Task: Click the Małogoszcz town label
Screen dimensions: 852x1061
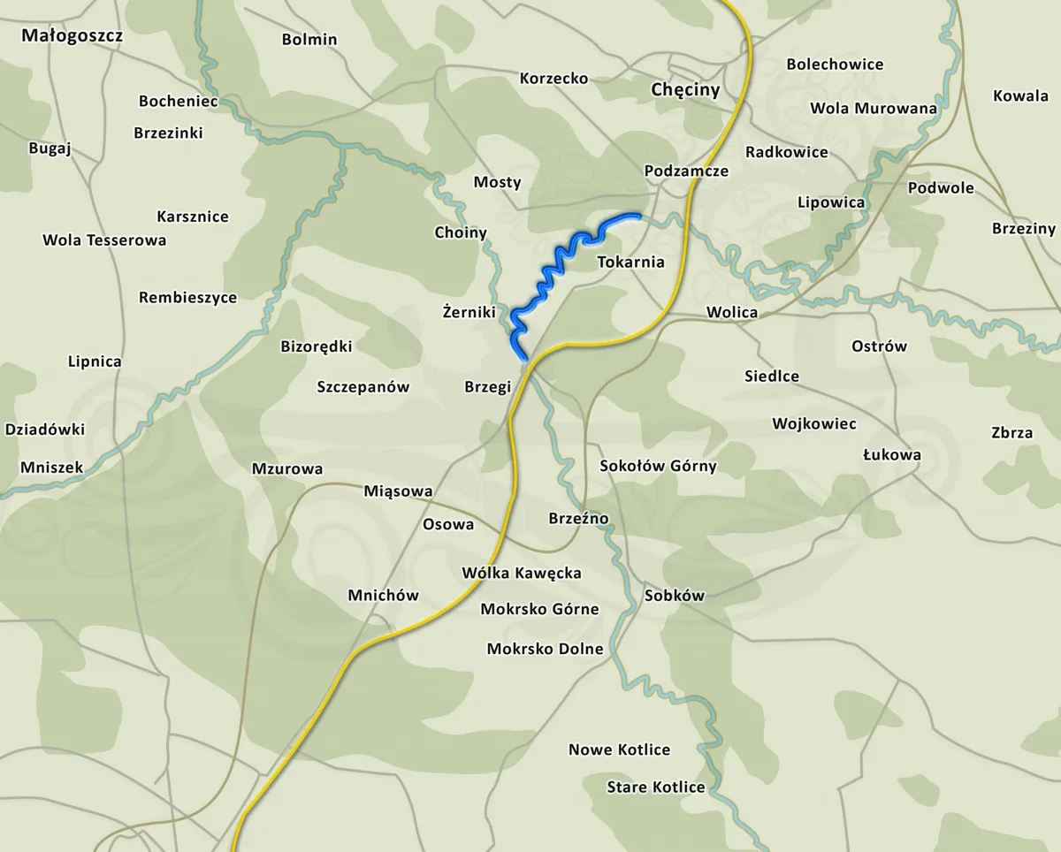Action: click(73, 36)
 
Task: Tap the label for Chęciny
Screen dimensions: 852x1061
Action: click(685, 90)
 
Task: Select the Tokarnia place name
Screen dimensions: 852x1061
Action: click(630, 262)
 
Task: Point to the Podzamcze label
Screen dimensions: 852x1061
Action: click(686, 171)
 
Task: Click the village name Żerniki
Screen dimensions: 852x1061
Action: click(468, 312)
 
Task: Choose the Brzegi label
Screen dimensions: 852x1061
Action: click(488, 386)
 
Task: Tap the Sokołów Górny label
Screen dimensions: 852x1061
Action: click(658, 466)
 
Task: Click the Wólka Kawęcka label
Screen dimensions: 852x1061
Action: click(522, 573)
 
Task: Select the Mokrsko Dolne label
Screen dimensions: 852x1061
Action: click(545, 649)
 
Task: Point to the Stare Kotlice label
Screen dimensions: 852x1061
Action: click(656, 787)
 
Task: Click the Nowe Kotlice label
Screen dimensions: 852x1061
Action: click(619, 749)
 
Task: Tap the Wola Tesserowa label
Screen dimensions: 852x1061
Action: click(104, 240)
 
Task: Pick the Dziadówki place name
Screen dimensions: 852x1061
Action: click(45, 430)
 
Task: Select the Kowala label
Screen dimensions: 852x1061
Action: click(1020, 95)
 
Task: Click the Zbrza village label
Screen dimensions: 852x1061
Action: click(1011, 433)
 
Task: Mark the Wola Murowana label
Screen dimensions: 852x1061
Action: click(874, 108)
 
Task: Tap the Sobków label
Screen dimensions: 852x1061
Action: click(674, 595)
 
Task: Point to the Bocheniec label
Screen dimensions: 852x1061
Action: click(179, 101)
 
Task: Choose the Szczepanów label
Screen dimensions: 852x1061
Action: click(363, 386)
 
